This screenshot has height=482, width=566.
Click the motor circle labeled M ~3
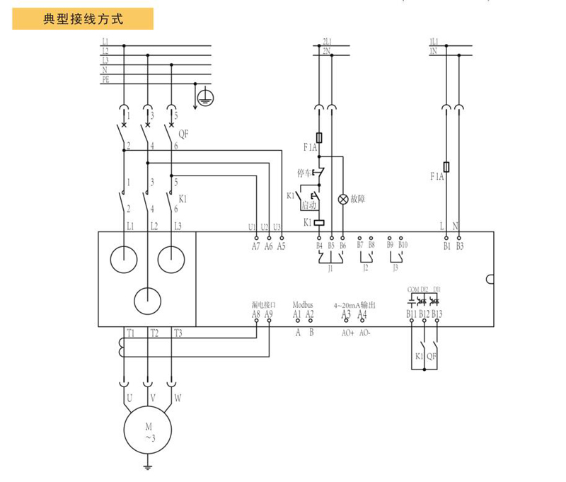coord(149,431)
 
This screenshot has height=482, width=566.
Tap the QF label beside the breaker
coord(183,132)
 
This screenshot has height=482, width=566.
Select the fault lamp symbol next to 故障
coord(343,200)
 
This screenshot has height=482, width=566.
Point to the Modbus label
coord(303,305)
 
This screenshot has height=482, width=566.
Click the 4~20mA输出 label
coord(354,305)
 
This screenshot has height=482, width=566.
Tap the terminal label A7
coord(255,246)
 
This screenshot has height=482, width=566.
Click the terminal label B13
coord(437,314)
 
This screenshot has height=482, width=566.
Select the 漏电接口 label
coord(262,305)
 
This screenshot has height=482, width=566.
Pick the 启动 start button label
coord(308,205)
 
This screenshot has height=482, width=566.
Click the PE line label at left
coord(105,79)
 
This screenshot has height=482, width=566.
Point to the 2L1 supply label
coord(326,42)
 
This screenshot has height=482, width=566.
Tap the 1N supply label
coord(433,52)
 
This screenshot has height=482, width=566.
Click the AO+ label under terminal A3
coord(347,332)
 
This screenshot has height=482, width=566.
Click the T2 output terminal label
coord(154,333)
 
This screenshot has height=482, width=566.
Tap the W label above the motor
coord(178,398)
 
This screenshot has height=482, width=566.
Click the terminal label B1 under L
coord(446,246)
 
